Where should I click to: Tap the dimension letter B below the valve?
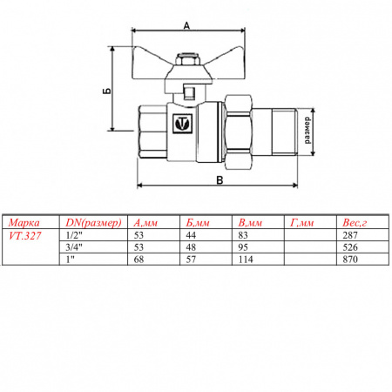219,180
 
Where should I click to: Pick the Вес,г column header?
358,222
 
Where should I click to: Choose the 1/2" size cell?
75,234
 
